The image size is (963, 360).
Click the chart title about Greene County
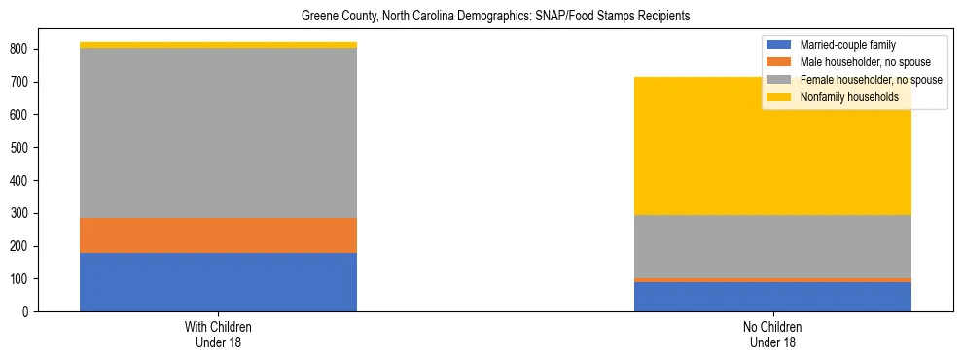tap(481, 17)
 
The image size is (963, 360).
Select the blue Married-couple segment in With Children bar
tap(218, 282)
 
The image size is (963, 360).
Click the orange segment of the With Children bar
tap(218, 235)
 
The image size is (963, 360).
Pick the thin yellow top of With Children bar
tap(218, 45)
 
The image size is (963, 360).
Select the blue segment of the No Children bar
tap(772, 297)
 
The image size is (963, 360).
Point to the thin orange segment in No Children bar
tap(772, 280)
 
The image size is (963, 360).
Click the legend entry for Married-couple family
tap(847, 45)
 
